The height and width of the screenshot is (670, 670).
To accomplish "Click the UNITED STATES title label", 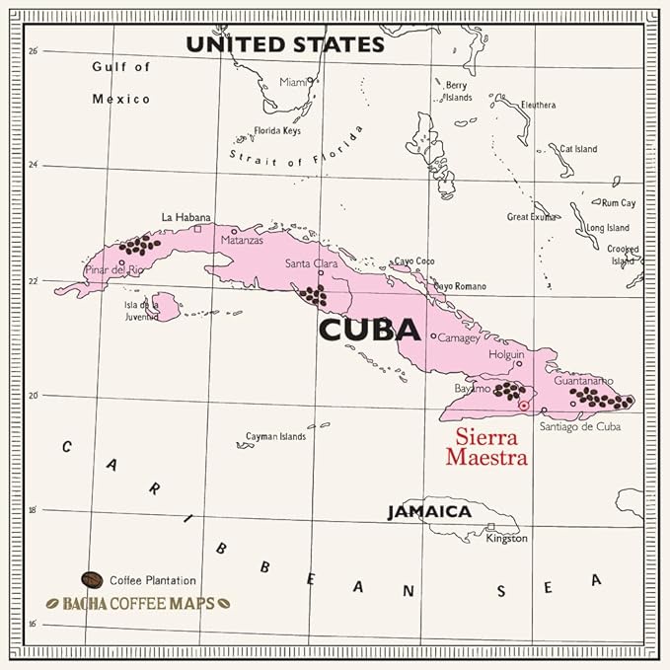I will [x=285, y=44].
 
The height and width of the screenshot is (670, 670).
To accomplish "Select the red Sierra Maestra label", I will [x=486, y=448].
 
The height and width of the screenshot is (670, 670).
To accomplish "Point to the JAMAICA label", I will [x=428, y=512].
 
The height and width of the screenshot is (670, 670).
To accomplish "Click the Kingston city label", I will [x=507, y=539].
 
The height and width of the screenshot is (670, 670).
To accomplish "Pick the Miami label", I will [x=293, y=82].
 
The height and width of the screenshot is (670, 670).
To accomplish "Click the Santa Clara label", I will [x=310, y=263].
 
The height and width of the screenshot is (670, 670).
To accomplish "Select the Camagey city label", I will [x=458, y=337].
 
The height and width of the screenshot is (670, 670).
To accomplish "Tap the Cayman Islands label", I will [x=275, y=436].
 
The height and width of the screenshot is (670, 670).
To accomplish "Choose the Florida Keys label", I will [x=277, y=130].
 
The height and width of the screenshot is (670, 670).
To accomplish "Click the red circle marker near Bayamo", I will [x=524, y=405].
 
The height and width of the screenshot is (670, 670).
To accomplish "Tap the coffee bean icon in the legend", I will [x=92, y=579].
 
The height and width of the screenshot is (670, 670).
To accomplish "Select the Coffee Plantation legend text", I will [x=153, y=580].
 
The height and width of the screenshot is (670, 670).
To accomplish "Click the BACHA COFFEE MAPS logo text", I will [x=129, y=601].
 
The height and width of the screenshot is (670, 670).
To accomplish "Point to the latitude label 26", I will [x=34, y=50].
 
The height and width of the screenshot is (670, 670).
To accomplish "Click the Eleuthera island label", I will [x=538, y=105].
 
